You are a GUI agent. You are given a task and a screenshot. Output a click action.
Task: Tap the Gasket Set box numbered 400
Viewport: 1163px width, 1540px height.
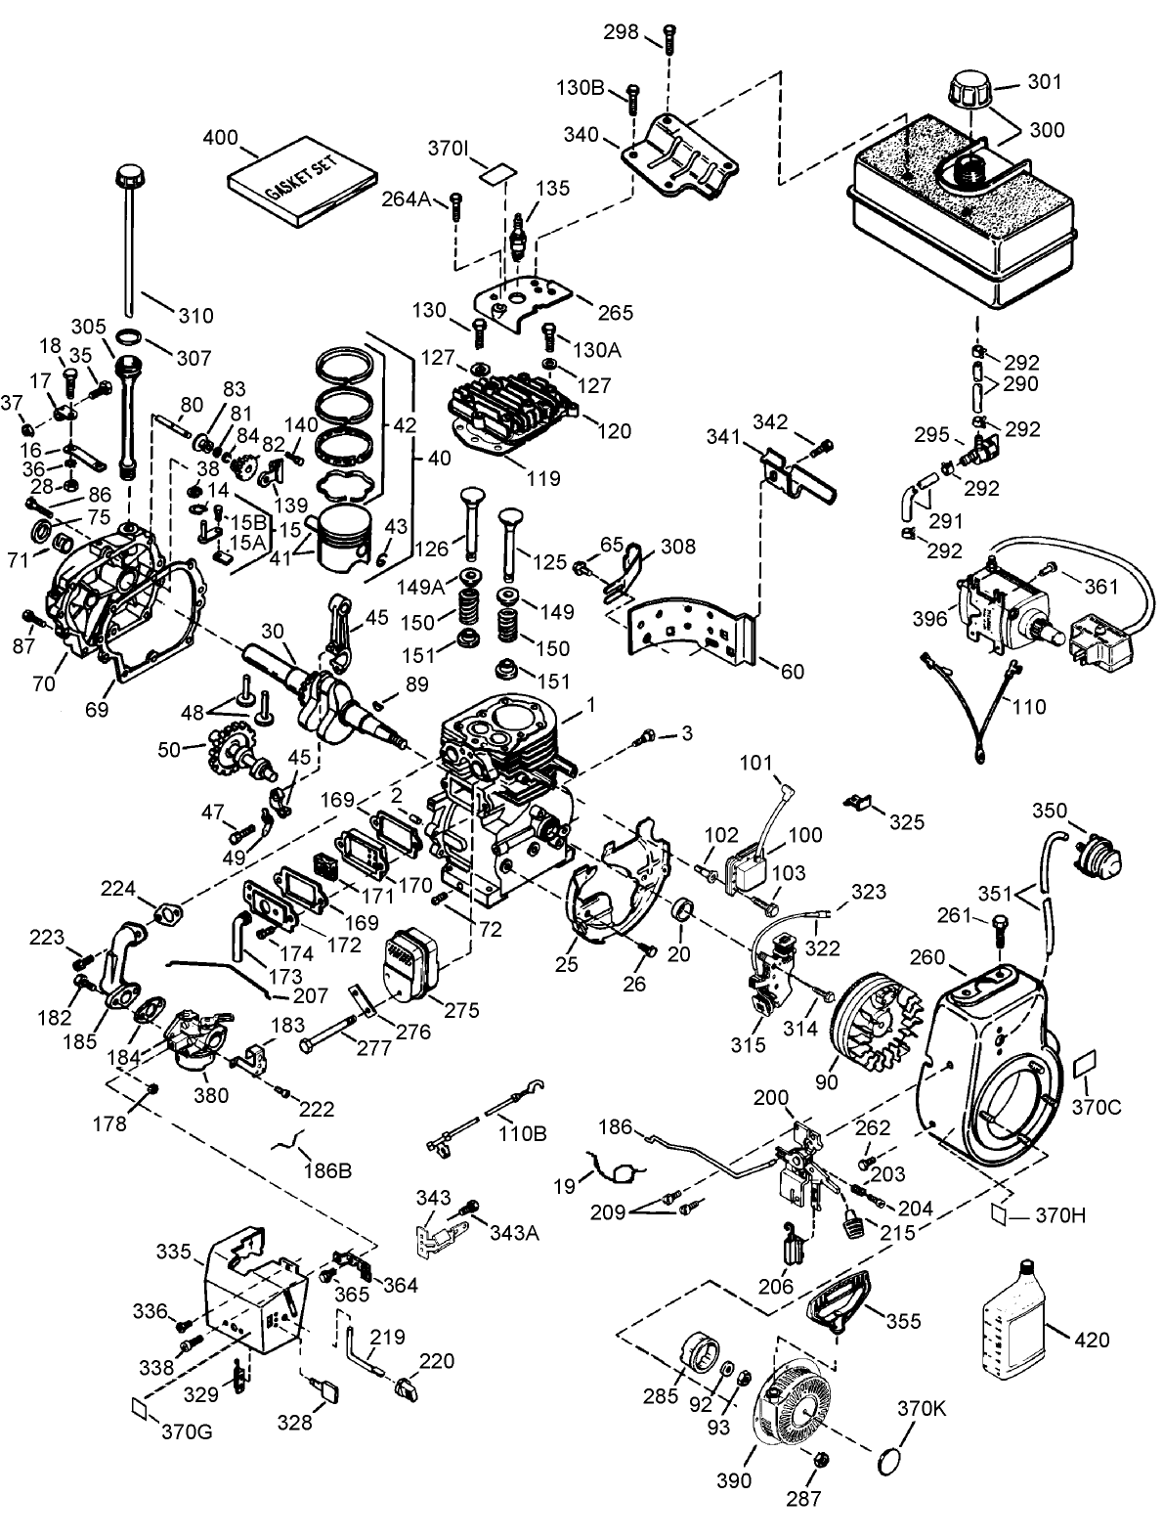301,187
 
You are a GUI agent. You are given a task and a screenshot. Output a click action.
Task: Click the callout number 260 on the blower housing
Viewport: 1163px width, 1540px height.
927,954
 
